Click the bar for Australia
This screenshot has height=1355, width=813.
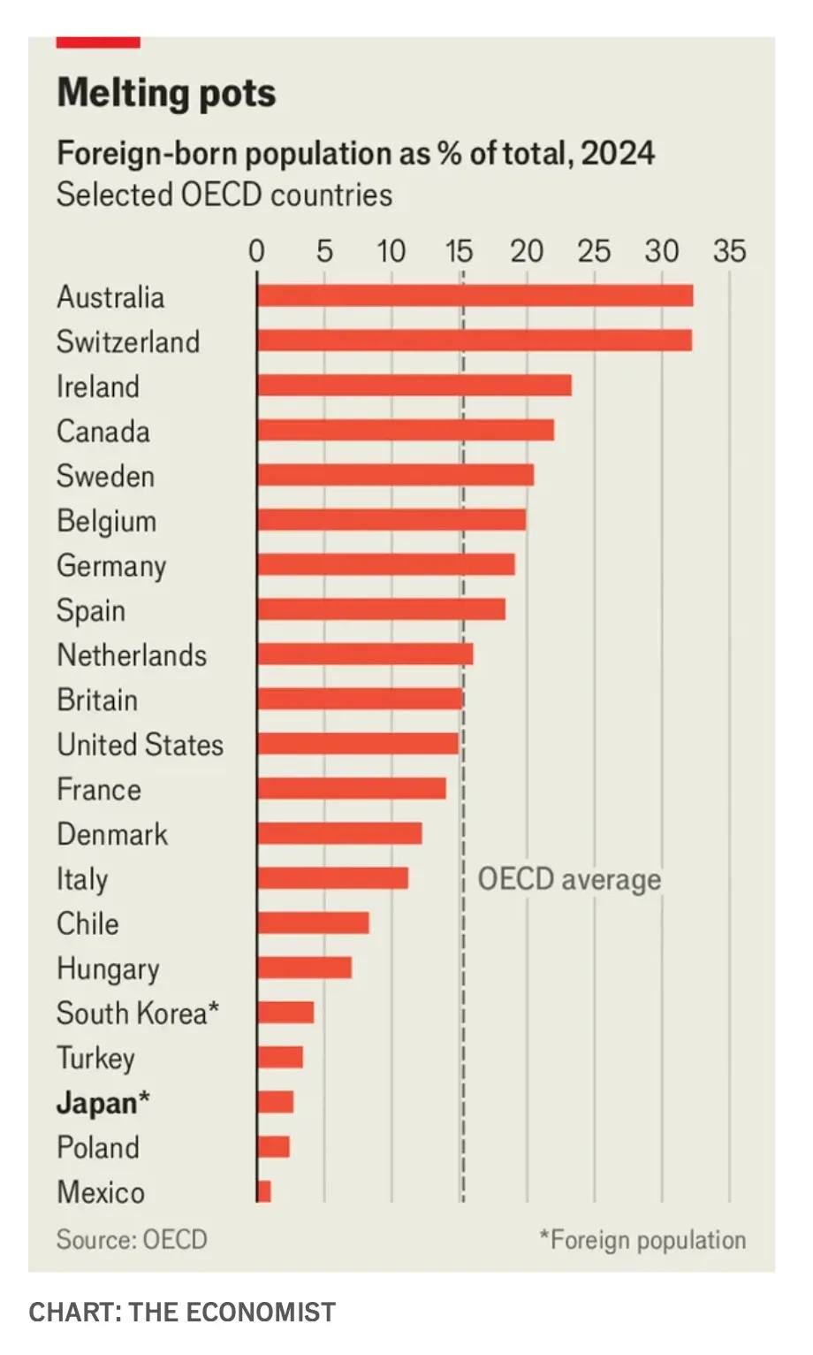(x=475, y=295)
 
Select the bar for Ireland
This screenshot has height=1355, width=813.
(x=414, y=386)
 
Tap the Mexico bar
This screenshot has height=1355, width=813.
(x=264, y=1191)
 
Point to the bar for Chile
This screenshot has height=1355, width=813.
(x=313, y=922)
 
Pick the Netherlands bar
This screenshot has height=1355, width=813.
(x=365, y=655)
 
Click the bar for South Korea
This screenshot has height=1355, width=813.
(x=285, y=1013)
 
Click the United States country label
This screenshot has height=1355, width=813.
(x=140, y=745)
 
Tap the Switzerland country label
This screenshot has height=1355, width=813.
(x=128, y=341)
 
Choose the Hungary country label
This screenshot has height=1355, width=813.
(x=108, y=968)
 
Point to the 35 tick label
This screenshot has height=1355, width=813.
(x=729, y=252)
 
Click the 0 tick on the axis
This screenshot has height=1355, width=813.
(x=256, y=252)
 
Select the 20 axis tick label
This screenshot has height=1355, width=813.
(x=527, y=252)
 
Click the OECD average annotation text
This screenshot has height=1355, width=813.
(x=569, y=879)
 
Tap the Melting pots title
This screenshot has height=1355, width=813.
(x=166, y=93)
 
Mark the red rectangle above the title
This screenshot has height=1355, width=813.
(x=98, y=42)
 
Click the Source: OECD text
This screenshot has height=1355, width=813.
(x=132, y=1239)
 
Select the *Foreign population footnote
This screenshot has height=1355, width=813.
(x=642, y=1239)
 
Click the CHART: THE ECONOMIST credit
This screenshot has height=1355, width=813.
(x=182, y=1312)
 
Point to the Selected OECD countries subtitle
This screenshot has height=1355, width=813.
(x=224, y=195)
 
